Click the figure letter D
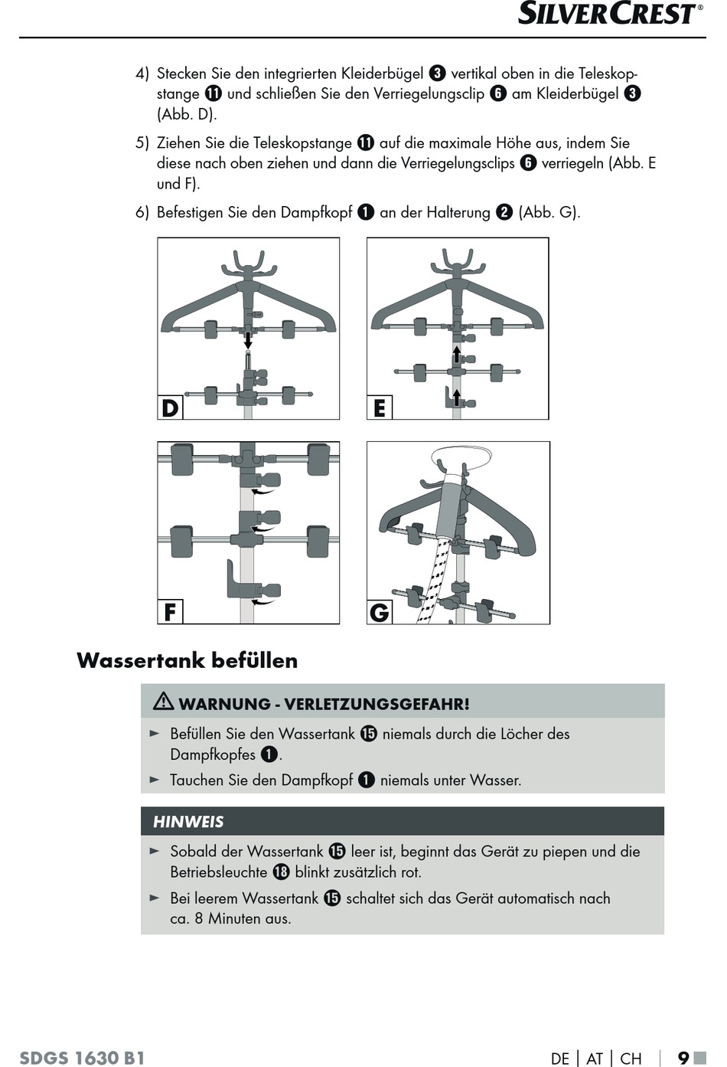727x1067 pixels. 170,407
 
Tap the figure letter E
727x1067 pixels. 380,408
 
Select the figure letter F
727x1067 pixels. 170,612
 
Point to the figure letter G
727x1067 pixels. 380,612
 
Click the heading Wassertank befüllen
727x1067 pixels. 187,660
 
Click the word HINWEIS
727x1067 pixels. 188,822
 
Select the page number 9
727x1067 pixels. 683,1058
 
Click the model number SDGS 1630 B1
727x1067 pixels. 82,1058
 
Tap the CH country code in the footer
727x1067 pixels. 631,1059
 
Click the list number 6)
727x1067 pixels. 142,212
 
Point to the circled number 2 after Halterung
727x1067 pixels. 504,212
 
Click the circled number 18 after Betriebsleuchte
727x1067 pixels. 281,872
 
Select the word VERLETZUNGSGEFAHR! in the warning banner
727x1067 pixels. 377,704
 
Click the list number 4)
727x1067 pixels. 142,74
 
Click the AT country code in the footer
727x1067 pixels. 595,1059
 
